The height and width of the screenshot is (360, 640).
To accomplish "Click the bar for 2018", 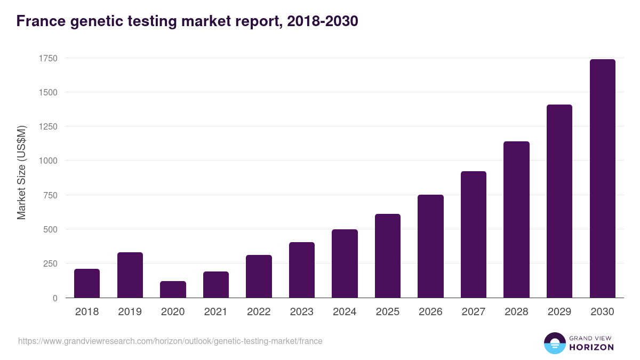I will point(87,283).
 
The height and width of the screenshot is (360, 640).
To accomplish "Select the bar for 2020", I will point(173,289).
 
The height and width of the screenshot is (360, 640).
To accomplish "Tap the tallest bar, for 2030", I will point(602,178).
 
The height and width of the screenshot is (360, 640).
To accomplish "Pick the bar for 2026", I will point(430,246).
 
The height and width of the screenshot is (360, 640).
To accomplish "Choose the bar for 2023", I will point(302,270).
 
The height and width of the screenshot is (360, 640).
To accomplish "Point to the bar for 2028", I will point(516,219).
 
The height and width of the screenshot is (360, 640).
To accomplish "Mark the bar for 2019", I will point(130,275).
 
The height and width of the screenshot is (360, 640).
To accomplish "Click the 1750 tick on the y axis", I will point(47,58).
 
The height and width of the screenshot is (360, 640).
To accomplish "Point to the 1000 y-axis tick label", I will point(47,161).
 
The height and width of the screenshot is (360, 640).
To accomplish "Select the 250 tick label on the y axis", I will point(50,263).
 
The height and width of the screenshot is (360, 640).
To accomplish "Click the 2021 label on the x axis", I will point(216,312).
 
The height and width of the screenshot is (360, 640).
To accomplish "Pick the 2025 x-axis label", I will point(388,312).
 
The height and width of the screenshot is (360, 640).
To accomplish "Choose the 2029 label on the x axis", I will point(559,312).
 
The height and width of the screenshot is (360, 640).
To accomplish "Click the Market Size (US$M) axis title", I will point(21,172).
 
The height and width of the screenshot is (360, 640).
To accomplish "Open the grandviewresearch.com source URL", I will point(170,341).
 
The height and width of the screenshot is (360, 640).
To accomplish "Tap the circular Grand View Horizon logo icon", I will point(554,343).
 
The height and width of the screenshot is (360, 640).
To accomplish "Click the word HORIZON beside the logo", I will point(591,347).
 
